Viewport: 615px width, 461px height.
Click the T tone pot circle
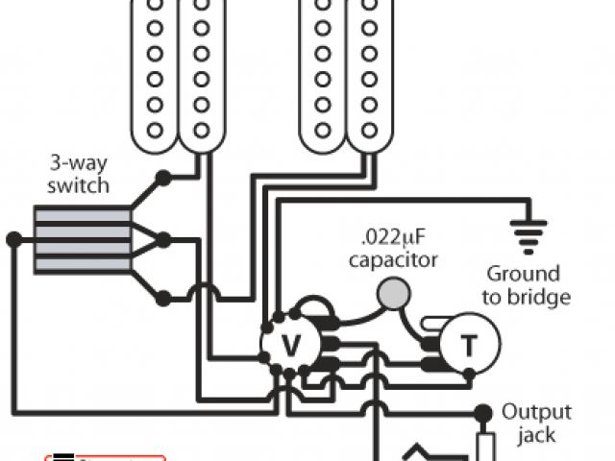pyautogui.click(x=468, y=344)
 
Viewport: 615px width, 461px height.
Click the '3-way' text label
pyautogui.click(x=83, y=163)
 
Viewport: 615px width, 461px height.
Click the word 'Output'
pyautogui.click(x=537, y=413)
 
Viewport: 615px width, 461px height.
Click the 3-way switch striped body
pyautogui.click(x=83, y=240)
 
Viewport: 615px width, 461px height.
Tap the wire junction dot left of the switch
pyautogui.click(x=12, y=239)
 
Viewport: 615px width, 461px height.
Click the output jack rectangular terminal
pyautogui.click(x=485, y=447)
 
